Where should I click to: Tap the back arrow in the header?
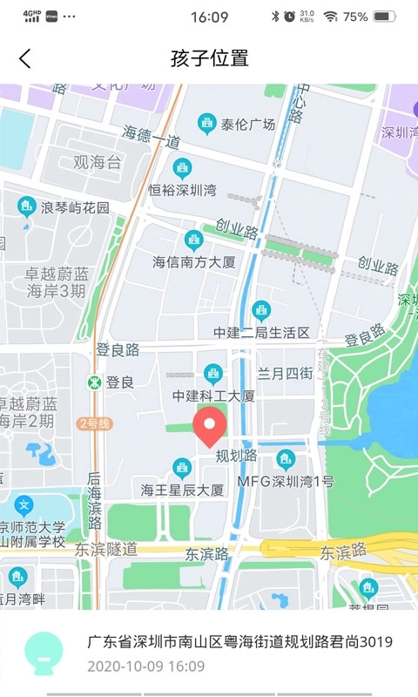24,58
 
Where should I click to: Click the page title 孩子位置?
210,58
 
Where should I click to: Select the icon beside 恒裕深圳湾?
182,168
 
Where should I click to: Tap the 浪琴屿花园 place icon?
27,206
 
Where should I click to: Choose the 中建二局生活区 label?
261,332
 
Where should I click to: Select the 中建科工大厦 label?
213,396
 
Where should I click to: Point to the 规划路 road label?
236,456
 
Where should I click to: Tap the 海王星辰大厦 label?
182,490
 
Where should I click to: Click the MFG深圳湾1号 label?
286,481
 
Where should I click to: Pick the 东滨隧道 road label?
105,550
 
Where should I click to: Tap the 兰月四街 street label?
284,373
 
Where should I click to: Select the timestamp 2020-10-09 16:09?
146,667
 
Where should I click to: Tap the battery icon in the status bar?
384,17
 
